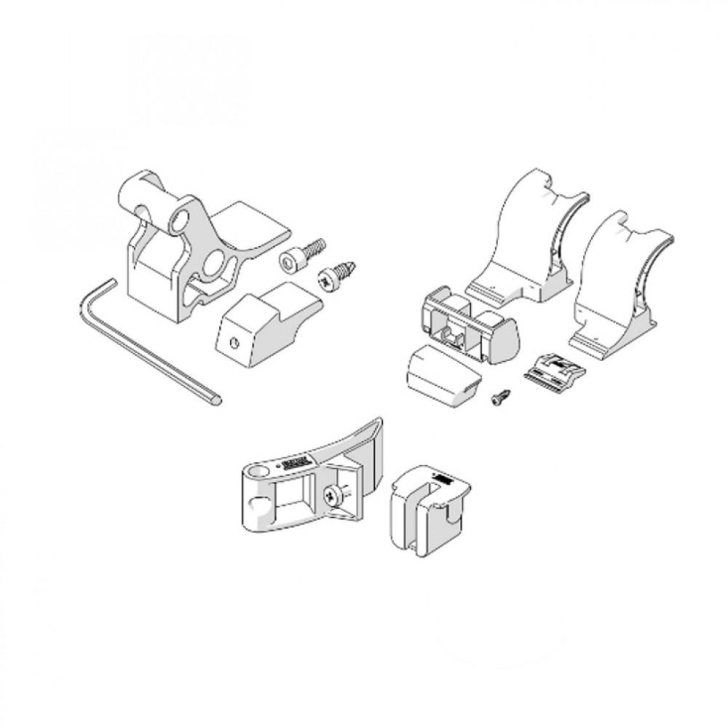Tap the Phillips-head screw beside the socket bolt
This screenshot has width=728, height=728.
(334, 275)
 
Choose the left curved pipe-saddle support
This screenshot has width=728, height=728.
(530, 240)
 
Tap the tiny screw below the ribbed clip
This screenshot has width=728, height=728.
(500, 397)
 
